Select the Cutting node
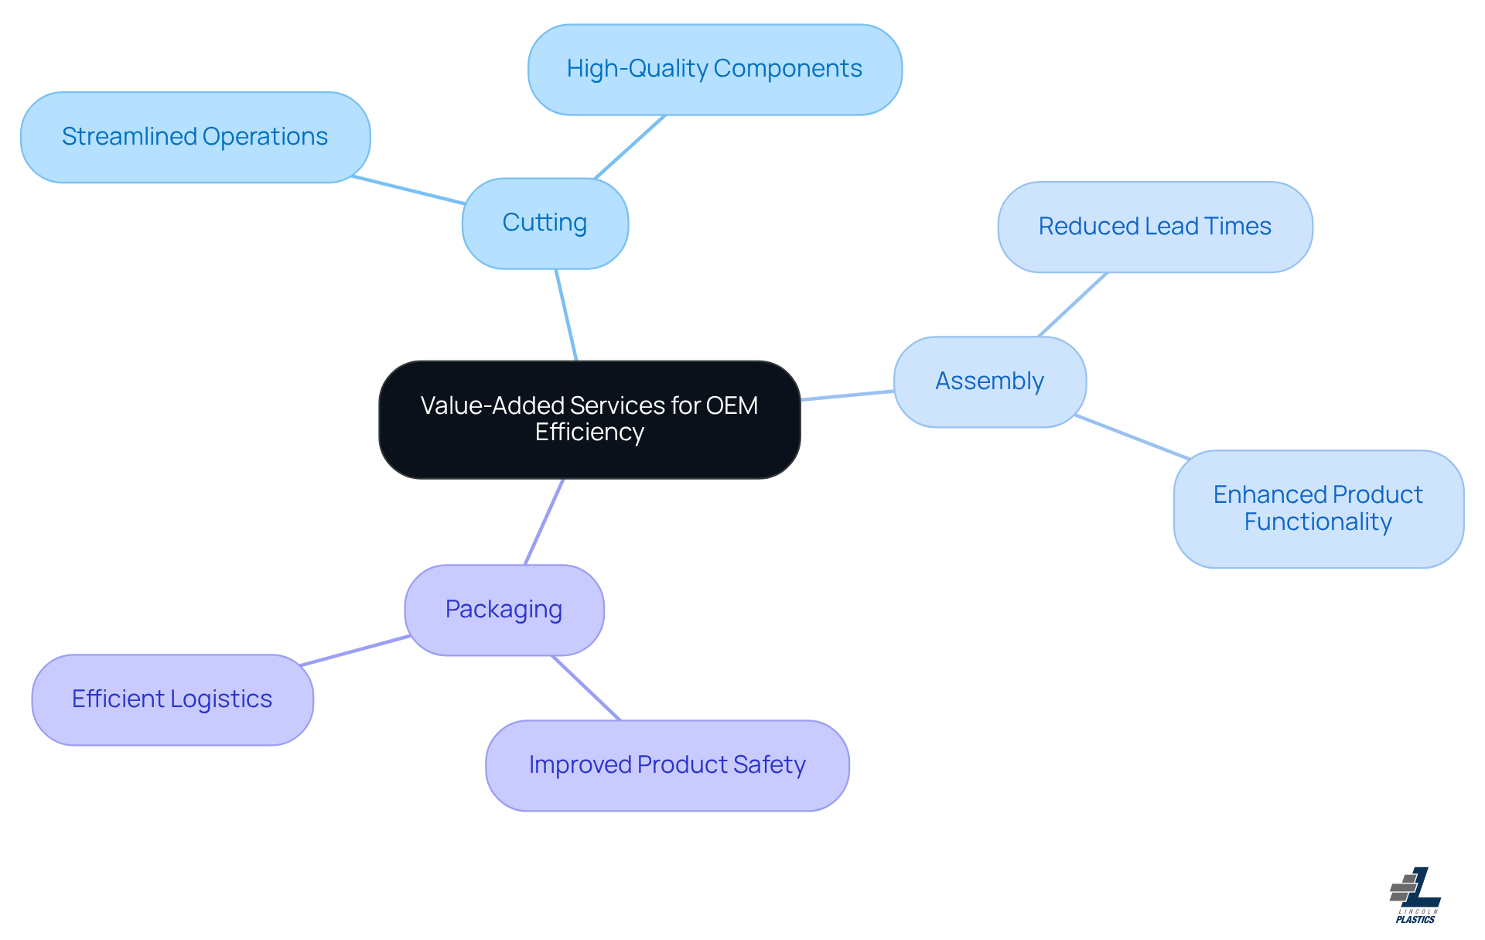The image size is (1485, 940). point(545,224)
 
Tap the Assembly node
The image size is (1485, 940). point(990,381)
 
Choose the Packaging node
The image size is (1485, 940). point(504,610)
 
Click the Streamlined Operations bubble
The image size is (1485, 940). point(195,137)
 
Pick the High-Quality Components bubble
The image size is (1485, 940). point(715,70)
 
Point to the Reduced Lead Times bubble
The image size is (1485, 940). point(1155,227)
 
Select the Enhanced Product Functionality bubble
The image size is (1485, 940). point(1318,508)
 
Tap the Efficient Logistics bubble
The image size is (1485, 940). point(172,699)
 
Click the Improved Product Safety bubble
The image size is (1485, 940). point(667,765)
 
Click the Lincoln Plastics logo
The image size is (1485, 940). point(1415,895)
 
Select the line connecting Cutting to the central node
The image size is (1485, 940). point(566,315)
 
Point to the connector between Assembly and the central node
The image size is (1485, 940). point(848,395)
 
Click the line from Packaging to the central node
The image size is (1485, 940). point(544,521)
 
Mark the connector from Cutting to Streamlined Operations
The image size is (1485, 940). point(408,190)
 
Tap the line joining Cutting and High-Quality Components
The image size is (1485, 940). point(630,147)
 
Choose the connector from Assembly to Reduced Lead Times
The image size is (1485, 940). point(1073,305)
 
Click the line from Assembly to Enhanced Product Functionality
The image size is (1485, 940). point(1132,437)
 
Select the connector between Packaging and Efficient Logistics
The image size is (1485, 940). point(355,651)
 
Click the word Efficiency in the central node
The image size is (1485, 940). point(589,432)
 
